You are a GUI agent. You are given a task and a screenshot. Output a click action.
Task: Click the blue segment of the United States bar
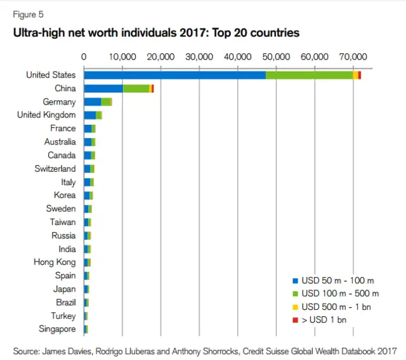point(174,75)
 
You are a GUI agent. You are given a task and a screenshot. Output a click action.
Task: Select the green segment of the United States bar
point(309,75)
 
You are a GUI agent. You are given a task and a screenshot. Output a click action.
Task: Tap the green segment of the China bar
point(136,89)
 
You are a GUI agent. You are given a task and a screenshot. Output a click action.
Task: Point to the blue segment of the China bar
point(103,89)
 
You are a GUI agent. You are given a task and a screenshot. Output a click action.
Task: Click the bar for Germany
point(98,102)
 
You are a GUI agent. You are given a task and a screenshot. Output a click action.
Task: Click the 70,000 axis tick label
point(353,56)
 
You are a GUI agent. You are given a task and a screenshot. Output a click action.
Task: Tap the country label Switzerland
point(55,169)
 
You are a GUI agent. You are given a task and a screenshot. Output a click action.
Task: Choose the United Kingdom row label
point(46,115)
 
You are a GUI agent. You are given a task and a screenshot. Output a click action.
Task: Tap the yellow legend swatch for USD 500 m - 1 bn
point(295,307)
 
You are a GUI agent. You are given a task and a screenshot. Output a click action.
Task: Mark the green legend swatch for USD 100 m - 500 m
point(295,293)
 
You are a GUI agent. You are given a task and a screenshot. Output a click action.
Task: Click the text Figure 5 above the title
point(29,14)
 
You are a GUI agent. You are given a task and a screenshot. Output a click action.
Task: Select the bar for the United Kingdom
point(93,115)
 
